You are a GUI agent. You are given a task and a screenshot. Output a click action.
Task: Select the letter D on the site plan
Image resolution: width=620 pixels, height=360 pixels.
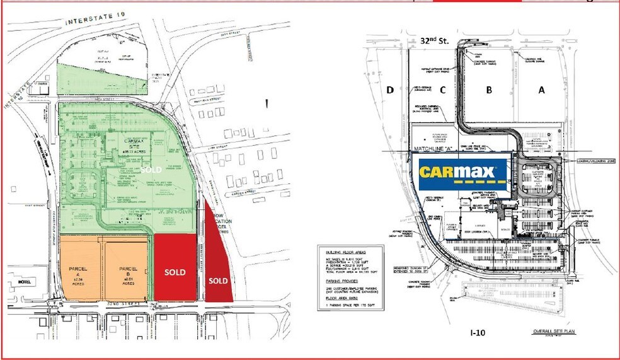pyautogui.click(x=390, y=90)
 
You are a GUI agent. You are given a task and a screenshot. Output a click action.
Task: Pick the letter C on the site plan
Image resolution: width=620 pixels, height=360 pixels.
pyautogui.click(x=442, y=90)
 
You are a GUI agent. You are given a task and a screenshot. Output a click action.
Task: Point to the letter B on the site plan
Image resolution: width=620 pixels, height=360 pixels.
pyautogui.click(x=488, y=90)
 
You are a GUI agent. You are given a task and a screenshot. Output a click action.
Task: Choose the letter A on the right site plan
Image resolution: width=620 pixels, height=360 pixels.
pyautogui.click(x=540, y=90)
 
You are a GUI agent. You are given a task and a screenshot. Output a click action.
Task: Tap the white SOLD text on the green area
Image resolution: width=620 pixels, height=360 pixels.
pyautogui.click(x=151, y=170)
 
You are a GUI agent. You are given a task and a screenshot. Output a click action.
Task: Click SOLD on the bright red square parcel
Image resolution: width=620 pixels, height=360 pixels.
pyautogui.click(x=175, y=272)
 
